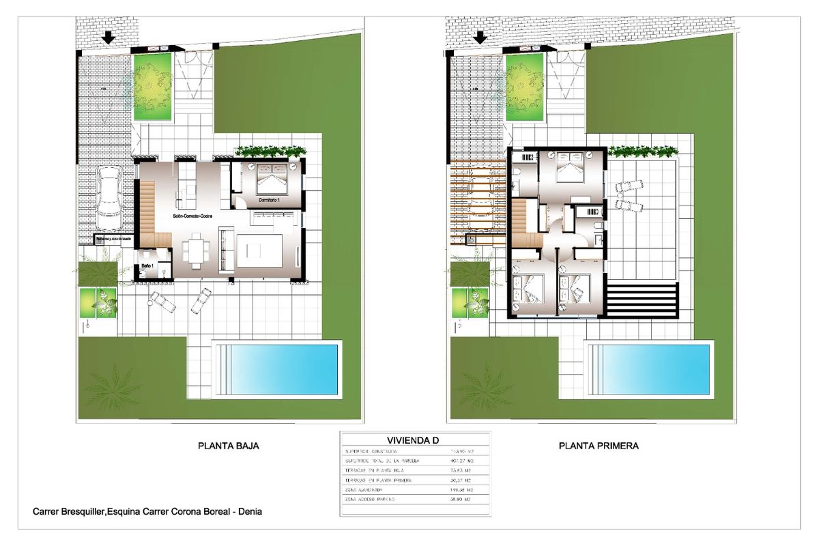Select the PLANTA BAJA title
coord(228,446)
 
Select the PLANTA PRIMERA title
coord(599,446)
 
